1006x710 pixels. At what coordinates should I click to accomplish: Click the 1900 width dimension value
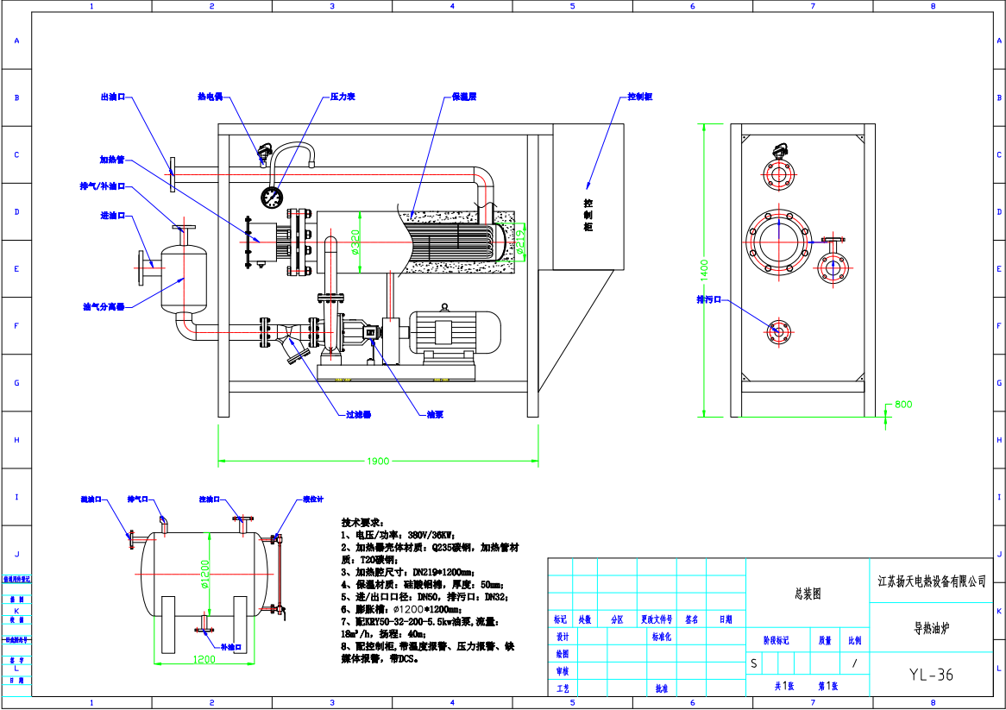coord(378,461)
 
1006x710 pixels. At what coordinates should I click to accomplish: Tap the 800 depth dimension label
coord(902,404)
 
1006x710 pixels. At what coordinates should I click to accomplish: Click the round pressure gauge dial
coord(273,197)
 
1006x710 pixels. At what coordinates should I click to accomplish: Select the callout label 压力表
coord(343,97)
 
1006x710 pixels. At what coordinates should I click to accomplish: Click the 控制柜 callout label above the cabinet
coord(639,97)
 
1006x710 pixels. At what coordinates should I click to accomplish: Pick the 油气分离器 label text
coord(104,306)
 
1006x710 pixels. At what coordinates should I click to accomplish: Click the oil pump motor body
coord(454,333)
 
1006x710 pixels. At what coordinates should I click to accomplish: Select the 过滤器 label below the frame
coord(357,415)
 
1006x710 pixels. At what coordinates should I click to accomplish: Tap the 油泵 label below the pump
coord(435,415)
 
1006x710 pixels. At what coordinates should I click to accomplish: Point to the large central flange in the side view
coord(780,241)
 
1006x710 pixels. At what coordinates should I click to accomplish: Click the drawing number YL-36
coord(931,675)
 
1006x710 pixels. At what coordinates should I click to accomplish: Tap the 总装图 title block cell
coord(807,594)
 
